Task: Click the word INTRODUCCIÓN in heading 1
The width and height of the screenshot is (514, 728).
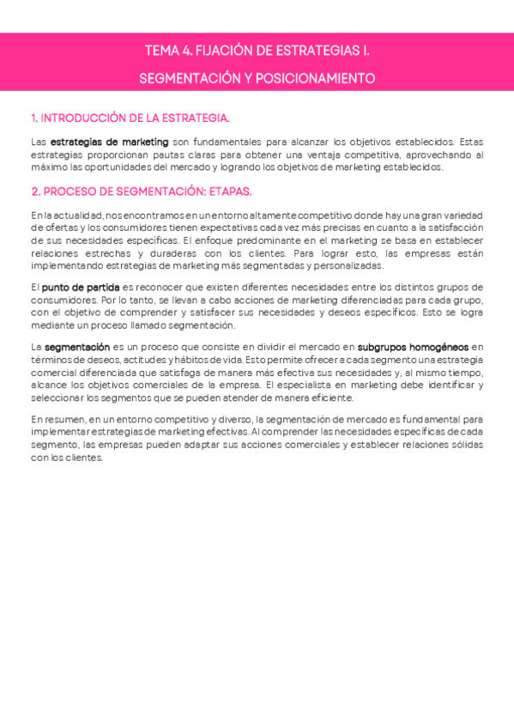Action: pos(81,118)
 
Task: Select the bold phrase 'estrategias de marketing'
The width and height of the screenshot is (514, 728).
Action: pos(109,142)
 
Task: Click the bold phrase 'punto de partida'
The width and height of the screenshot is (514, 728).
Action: pos(81,287)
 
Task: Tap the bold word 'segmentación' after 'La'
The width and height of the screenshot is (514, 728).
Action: pos(76,347)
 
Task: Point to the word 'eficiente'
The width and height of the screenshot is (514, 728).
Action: pos(333,397)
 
